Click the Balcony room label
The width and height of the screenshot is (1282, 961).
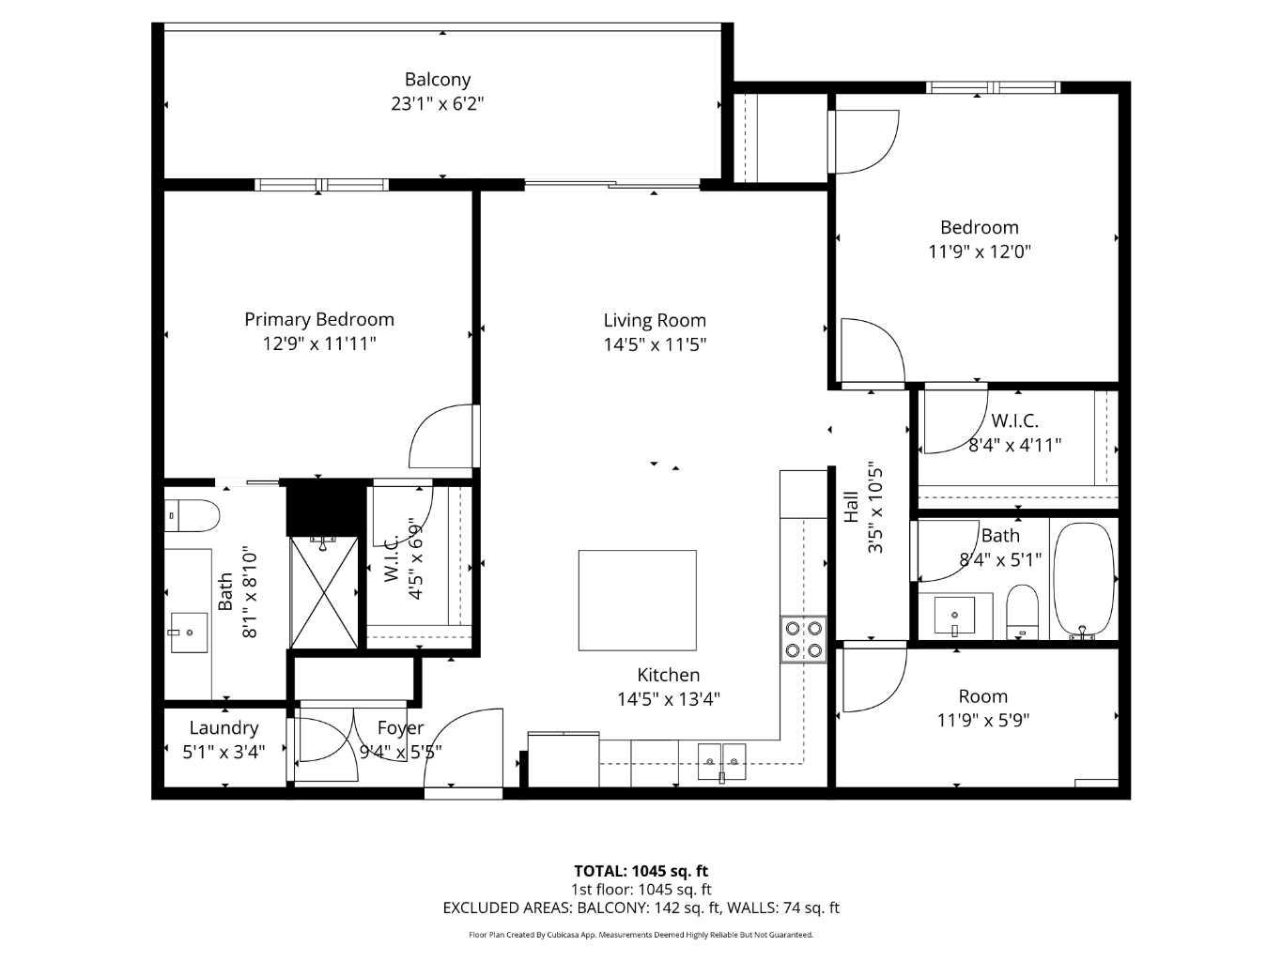[x=437, y=80]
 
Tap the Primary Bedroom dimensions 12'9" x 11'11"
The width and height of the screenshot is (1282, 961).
[x=319, y=343]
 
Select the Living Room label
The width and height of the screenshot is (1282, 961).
[x=655, y=320]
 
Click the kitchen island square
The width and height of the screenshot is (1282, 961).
[x=637, y=601]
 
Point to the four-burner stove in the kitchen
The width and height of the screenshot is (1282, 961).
[x=803, y=639]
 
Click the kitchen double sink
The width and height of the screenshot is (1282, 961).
[x=721, y=755]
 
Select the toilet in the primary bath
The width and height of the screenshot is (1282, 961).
[x=193, y=516]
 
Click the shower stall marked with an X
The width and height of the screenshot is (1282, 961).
[x=324, y=591]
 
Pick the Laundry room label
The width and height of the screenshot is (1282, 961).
[x=224, y=728]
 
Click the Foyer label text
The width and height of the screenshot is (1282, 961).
[x=400, y=728]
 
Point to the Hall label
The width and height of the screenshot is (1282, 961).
[x=851, y=507]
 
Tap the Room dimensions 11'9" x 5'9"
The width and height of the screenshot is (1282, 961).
[x=983, y=721]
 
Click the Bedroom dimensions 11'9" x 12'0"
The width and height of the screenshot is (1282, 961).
[x=980, y=252]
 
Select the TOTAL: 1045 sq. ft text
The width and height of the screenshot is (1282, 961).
[x=641, y=871]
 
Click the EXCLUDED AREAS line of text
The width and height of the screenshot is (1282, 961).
[x=641, y=908]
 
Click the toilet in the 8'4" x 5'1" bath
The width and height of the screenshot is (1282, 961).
[x=1022, y=610]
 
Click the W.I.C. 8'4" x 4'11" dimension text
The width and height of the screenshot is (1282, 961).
[x=1014, y=445]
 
